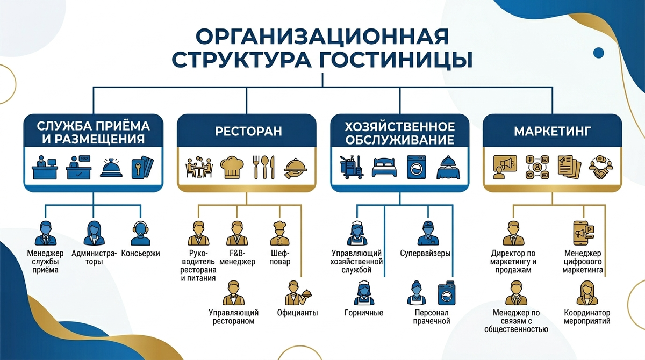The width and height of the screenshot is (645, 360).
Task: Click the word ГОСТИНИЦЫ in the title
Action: point(397,60)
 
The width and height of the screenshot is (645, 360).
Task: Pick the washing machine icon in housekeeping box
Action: point(415,167)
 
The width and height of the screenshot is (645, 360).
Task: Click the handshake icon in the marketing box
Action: point(601,168)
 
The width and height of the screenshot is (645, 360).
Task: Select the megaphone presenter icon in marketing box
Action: point(506,167)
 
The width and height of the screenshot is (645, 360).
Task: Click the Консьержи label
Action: point(141,253)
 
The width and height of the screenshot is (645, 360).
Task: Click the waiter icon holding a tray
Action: point(295,292)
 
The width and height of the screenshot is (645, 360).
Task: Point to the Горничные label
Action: point(363,313)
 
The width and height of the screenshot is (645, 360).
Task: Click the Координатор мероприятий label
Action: point(587,316)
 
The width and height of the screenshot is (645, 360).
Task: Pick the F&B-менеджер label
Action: point(236,257)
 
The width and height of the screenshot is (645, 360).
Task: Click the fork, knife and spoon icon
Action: point(264,167)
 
